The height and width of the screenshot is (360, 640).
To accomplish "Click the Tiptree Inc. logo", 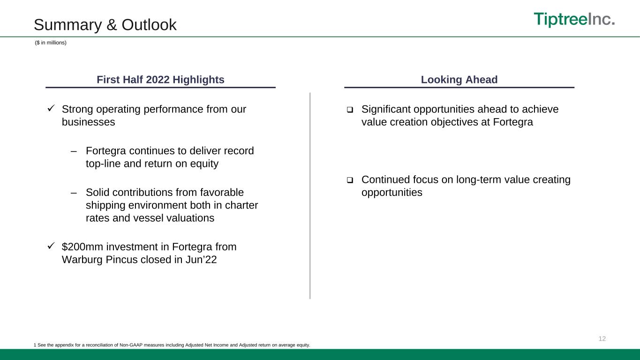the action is coord(574,19).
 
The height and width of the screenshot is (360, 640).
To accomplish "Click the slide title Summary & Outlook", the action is coord(105,24).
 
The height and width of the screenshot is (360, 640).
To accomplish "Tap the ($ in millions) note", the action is coord(51,43).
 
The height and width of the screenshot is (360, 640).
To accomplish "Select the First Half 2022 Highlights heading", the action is coord(160,79).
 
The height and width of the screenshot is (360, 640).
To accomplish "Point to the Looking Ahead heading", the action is coord(459,79).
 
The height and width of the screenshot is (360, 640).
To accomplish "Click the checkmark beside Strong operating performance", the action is coord(51,108).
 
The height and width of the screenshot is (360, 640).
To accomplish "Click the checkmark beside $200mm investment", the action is coord(51,246).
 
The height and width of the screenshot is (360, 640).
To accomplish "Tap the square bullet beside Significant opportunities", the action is coord(350,110).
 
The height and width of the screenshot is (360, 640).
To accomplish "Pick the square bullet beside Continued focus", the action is coord(350,180).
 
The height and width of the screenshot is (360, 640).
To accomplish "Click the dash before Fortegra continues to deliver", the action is coord(74,151).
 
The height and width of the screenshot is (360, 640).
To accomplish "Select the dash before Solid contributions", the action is coord(74,193).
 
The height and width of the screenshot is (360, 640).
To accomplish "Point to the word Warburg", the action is coord(83,260).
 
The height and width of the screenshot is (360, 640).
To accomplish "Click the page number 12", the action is coord(602,339).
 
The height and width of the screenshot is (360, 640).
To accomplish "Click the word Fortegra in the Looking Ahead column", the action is coord(513,122).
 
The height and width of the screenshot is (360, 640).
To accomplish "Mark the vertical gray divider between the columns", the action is coord(310,196).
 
